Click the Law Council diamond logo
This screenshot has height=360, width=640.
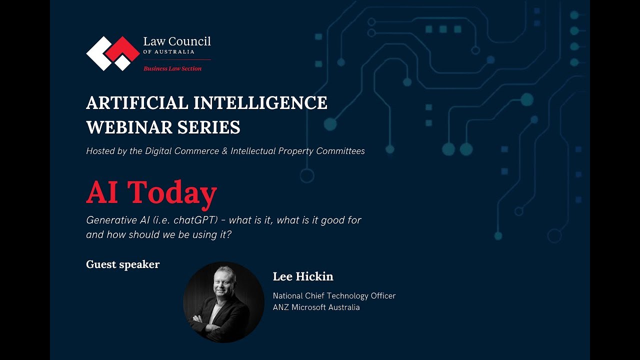tap(113, 53)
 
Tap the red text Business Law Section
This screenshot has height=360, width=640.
tap(172, 68)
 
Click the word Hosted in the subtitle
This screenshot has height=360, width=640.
tap(100, 151)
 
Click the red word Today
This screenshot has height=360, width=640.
tap(172, 192)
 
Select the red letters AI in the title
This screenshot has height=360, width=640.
tap(102, 192)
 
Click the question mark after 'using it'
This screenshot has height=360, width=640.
tap(228, 234)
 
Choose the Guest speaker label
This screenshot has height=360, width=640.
tap(122, 264)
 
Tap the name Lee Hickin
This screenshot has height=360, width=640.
tap(303, 276)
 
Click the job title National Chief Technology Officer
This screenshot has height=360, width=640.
tap(334, 296)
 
